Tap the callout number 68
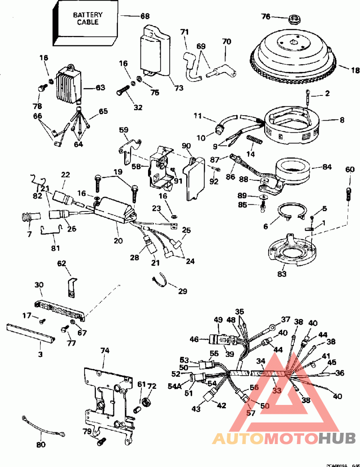pyautogui.click(x=145, y=16)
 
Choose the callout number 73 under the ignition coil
pyautogui.click(x=179, y=88)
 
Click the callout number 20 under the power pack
pyautogui.click(x=118, y=241)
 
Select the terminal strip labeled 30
pyautogui.click(x=58, y=310)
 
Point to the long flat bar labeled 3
pyautogui.click(x=30, y=333)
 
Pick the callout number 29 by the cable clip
pyautogui.click(x=182, y=291)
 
